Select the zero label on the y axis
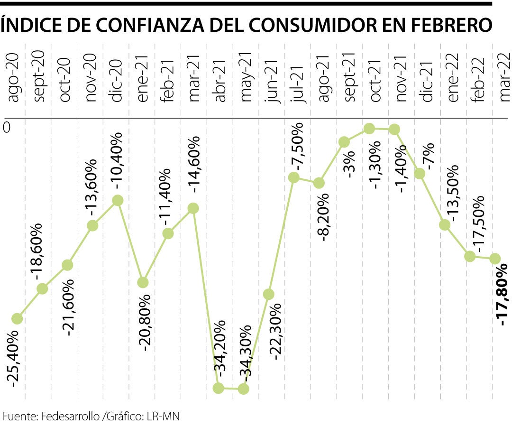7,127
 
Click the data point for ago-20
17,319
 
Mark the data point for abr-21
219,388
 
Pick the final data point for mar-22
494,259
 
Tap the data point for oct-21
369,129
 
